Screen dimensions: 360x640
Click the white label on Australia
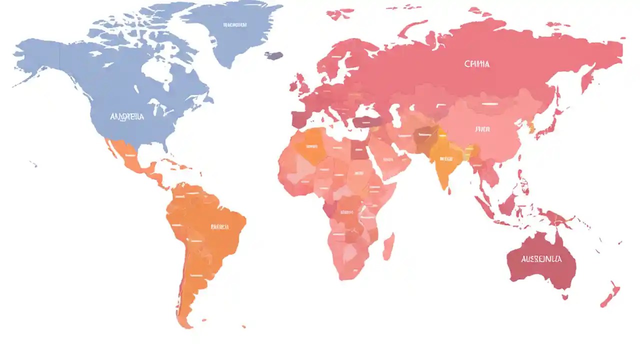click(x=541, y=259)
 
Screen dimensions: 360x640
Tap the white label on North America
click(x=126, y=116)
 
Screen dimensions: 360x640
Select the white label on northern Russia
click(x=476, y=64)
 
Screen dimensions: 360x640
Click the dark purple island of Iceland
click(x=273, y=55)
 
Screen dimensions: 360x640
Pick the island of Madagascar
click(x=388, y=246)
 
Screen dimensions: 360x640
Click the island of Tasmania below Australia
click(x=565, y=296)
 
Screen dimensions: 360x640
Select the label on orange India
click(x=445, y=159)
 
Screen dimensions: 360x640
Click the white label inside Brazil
click(x=219, y=226)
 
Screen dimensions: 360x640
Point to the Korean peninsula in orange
click(x=530, y=127)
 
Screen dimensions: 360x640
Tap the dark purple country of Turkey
click(x=367, y=121)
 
